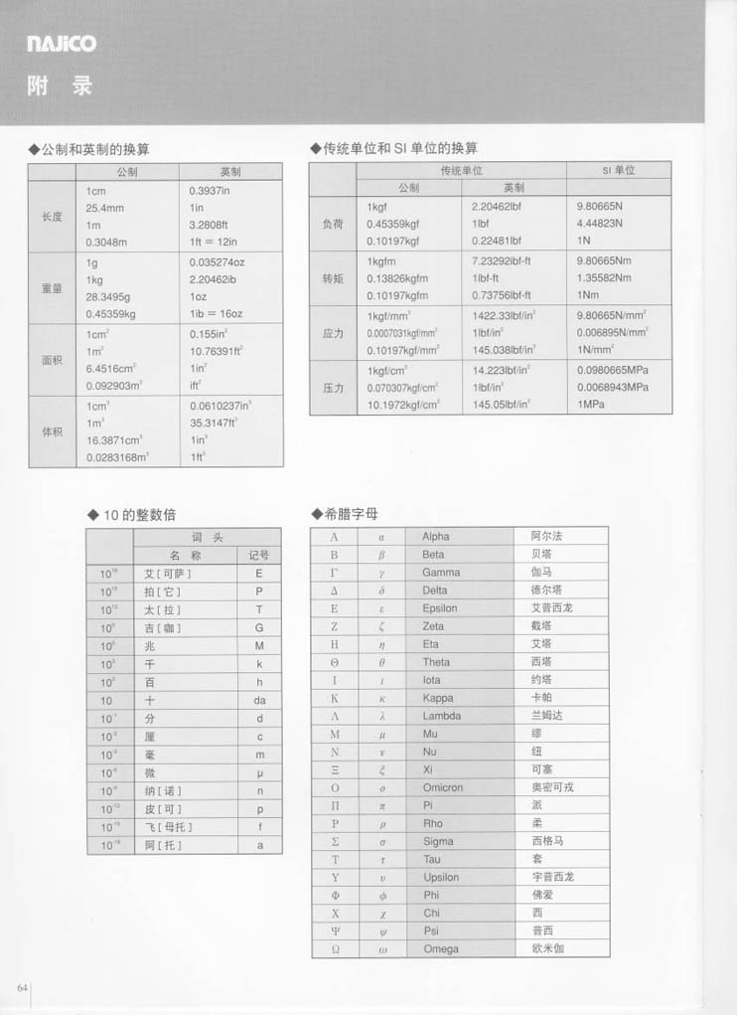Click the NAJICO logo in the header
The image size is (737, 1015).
pos(62,44)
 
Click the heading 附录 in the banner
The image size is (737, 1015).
pos(61,86)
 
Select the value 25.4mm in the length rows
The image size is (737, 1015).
pos(105,208)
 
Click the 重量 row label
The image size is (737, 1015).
pos(52,288)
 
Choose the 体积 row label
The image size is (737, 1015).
pos(52,432)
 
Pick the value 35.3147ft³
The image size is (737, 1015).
pos(219,422)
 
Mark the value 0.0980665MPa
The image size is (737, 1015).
pos(612,369)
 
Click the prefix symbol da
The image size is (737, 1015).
pos(259,700)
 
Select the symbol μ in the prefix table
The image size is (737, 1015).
pos(259,772)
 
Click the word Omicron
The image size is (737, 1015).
pos(443,787)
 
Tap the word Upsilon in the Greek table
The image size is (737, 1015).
pos(441,877)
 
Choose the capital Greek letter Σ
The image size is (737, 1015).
pos(335,841)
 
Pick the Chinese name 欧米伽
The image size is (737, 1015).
pos(547,948)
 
